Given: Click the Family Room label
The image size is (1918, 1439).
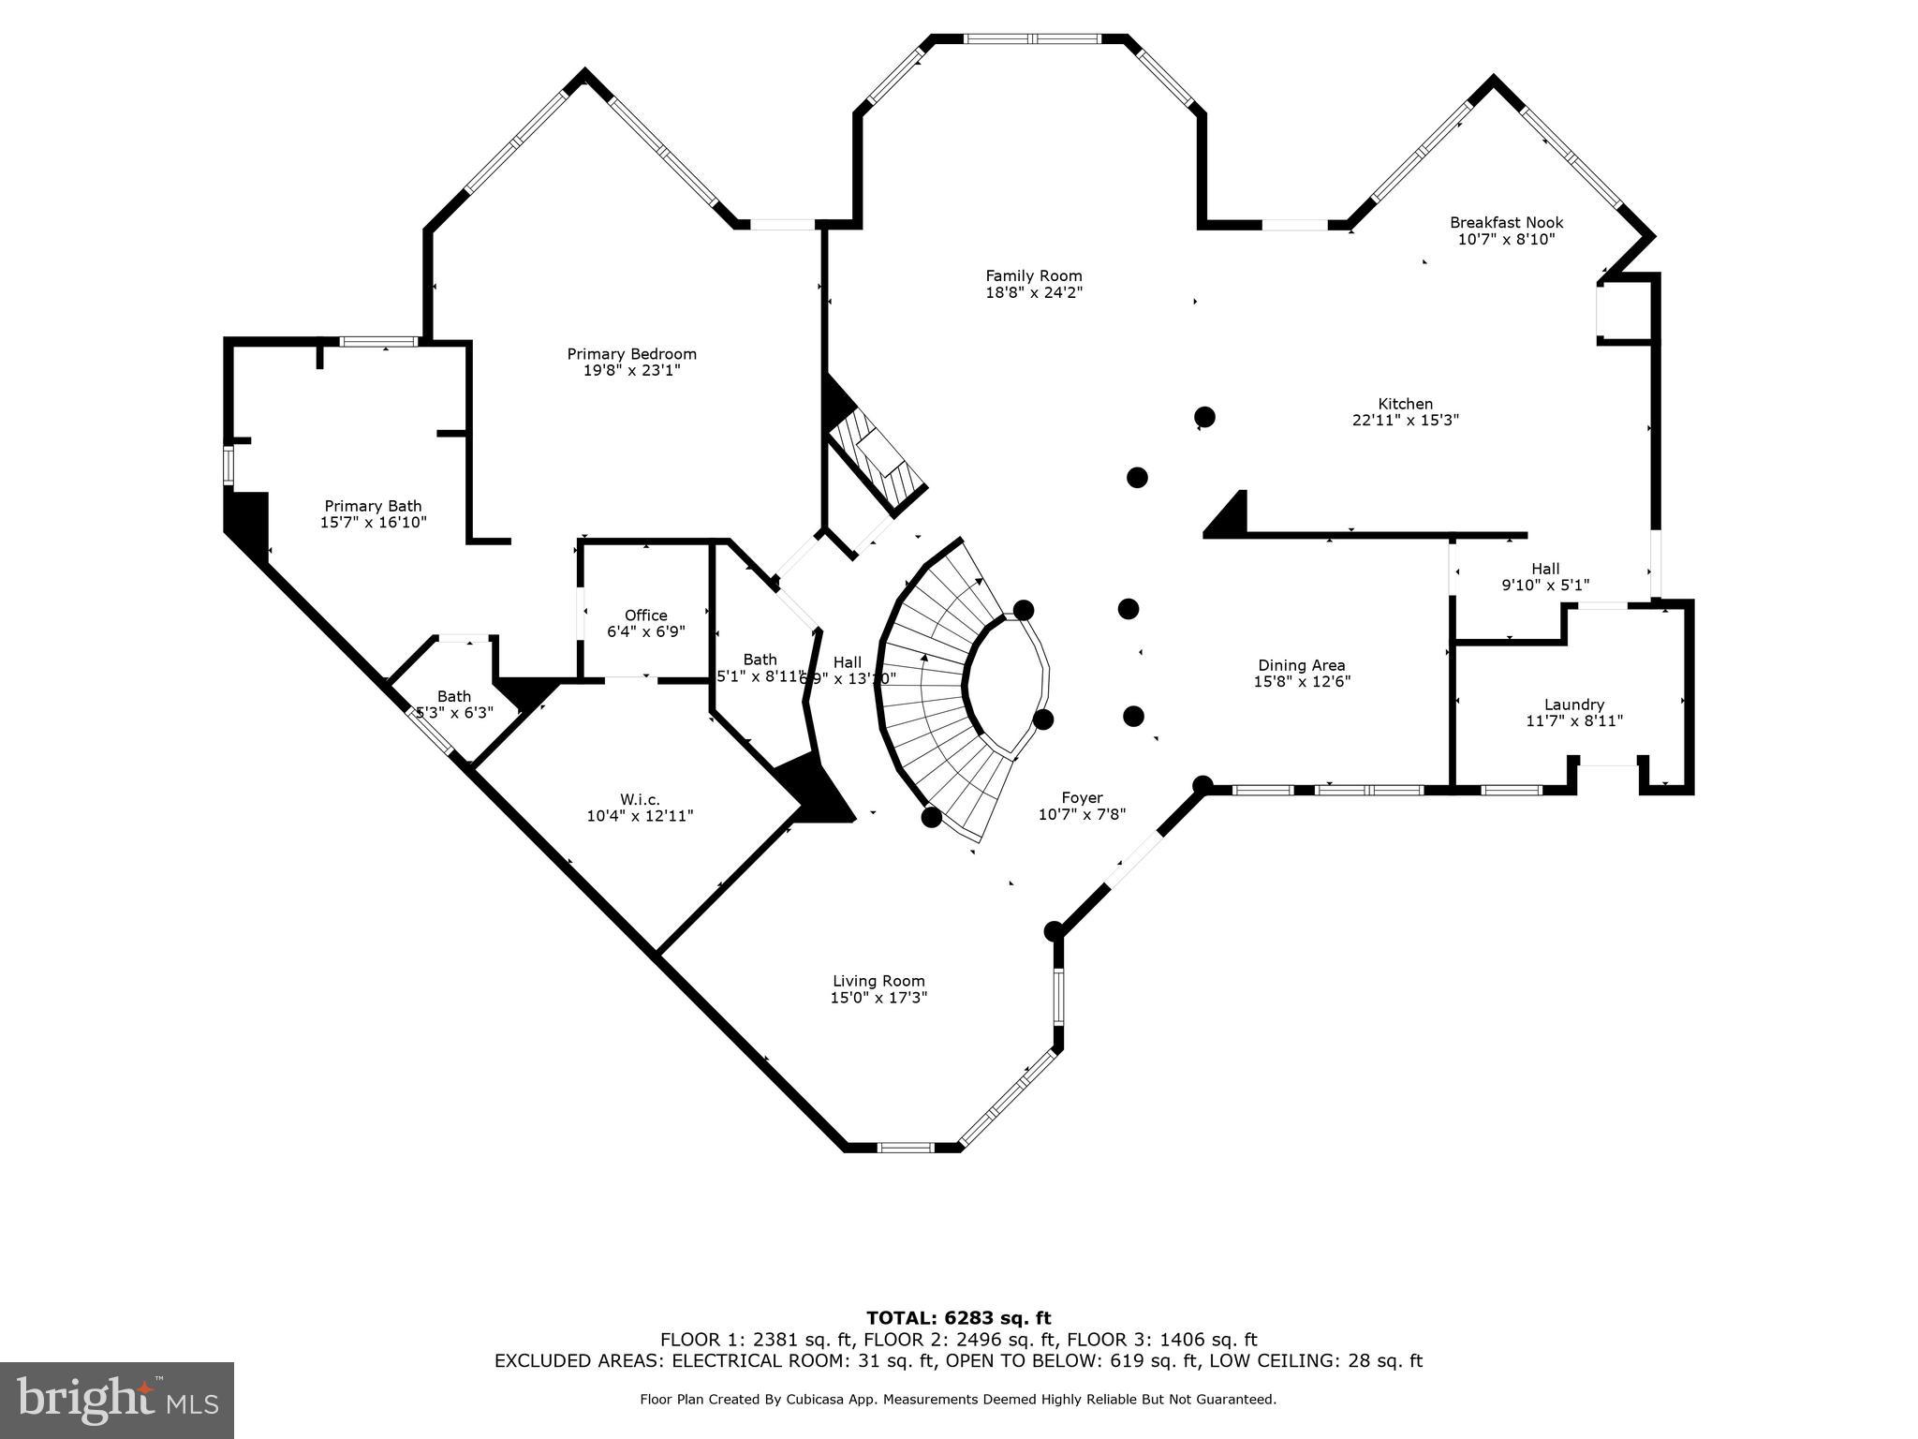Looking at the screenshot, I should point(1033,276).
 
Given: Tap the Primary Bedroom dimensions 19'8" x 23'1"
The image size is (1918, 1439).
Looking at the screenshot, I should point(631,371).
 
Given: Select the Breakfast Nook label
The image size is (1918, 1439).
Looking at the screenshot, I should point(1506,223).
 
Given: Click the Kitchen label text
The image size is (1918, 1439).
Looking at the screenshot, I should point(1405,405).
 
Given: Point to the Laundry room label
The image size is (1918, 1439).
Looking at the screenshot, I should point(1573,705).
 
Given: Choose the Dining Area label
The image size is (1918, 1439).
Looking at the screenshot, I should point(1301,665).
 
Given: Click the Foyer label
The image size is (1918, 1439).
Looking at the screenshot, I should point(1081,798).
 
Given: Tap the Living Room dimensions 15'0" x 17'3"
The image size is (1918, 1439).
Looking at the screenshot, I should point(878,999).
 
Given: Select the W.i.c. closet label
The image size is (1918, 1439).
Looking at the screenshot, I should point(640,799).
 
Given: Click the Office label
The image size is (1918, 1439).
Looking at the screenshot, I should point(645,616).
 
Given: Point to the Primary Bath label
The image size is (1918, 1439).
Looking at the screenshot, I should point(373,506).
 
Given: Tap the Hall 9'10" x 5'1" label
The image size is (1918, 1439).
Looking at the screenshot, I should point(1545,577).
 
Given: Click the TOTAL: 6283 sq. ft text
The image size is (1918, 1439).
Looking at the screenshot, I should point(958,1319).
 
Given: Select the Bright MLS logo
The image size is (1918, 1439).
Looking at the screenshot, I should point(117,1400).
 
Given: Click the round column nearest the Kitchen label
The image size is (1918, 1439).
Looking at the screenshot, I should point(1204,417).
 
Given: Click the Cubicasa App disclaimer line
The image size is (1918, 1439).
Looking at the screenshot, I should point(957,1400).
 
